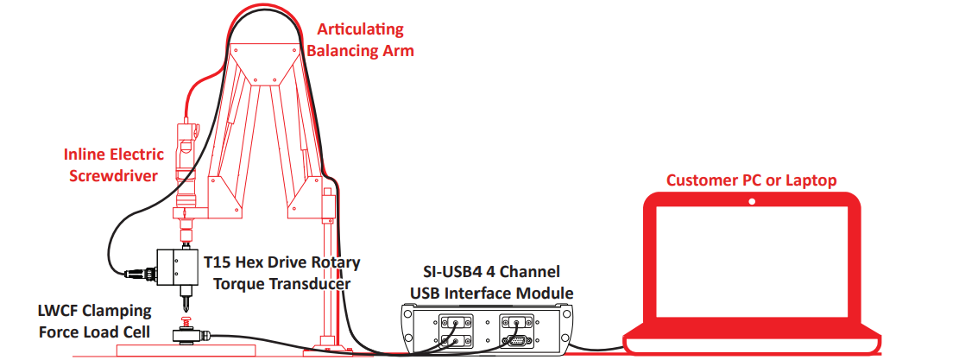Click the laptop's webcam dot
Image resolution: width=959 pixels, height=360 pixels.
752,201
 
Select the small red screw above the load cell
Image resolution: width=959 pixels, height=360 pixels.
185,323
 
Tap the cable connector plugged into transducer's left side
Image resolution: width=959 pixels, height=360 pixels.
138,274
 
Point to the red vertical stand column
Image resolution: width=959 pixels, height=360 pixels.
329,276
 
